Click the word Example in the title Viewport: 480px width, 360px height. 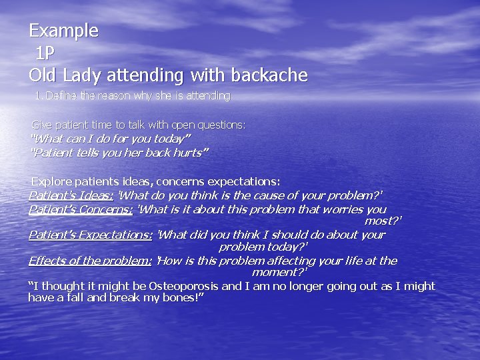coord(63,31)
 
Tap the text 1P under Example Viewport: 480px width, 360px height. coord(45,53)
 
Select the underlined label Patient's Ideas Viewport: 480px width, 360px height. coord(71,195)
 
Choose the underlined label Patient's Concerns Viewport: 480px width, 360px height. coord(81,209)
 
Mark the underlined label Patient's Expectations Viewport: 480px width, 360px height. coord(90,235)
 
